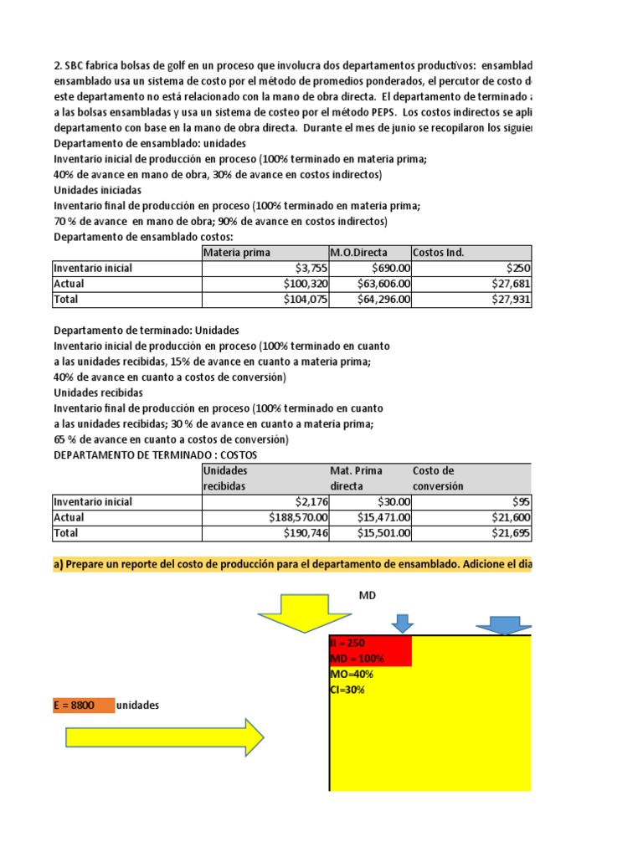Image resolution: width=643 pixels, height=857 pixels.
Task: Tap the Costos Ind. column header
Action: [x=438, y=253]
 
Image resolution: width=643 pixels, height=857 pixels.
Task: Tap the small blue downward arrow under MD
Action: [x=403, y=623]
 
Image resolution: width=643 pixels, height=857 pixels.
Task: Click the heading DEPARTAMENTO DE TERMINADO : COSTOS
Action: [x=156, y=454]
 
